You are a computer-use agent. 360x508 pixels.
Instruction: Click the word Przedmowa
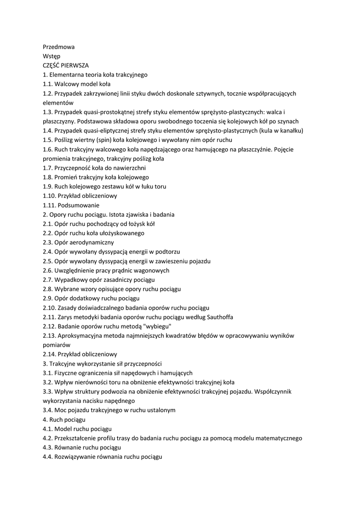[x=59, y=47]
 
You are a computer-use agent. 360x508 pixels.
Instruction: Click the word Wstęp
[x=52, y=56]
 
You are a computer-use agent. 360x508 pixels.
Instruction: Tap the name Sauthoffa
[x=217, y=317]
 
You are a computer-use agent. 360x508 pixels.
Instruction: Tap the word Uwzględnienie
[x=76, y=270]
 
